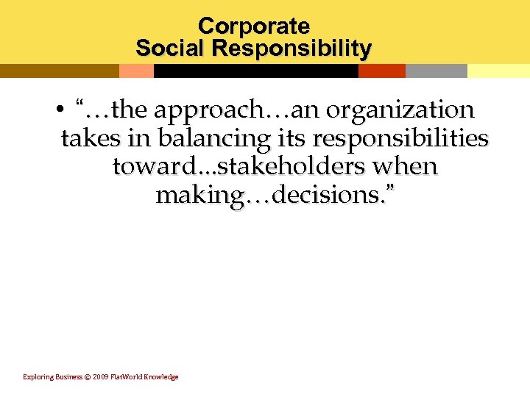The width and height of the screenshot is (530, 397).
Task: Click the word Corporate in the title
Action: click(254, 26)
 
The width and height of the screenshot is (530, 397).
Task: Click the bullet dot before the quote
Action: click(57, 111)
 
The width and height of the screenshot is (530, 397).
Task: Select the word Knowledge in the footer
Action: click(161, 376)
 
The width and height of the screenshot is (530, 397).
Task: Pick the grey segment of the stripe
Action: click(436, 71)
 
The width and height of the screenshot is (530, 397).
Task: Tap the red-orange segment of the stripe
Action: click(382, 71)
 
